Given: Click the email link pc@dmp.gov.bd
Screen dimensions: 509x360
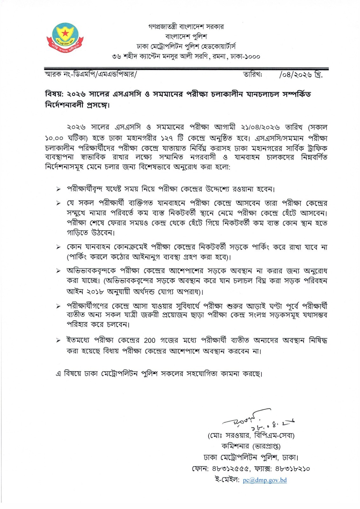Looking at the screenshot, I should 265,480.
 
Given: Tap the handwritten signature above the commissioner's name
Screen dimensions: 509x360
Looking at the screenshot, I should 251,419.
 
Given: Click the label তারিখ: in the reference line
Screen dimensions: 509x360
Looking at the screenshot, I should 253,75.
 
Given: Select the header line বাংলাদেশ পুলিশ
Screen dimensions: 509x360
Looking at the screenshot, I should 186,37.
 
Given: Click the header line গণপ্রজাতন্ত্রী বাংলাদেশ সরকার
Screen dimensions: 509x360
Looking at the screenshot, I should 186,26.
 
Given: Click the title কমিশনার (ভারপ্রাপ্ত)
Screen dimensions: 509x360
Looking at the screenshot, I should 251,446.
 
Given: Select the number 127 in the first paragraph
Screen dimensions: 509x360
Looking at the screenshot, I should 167,139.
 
